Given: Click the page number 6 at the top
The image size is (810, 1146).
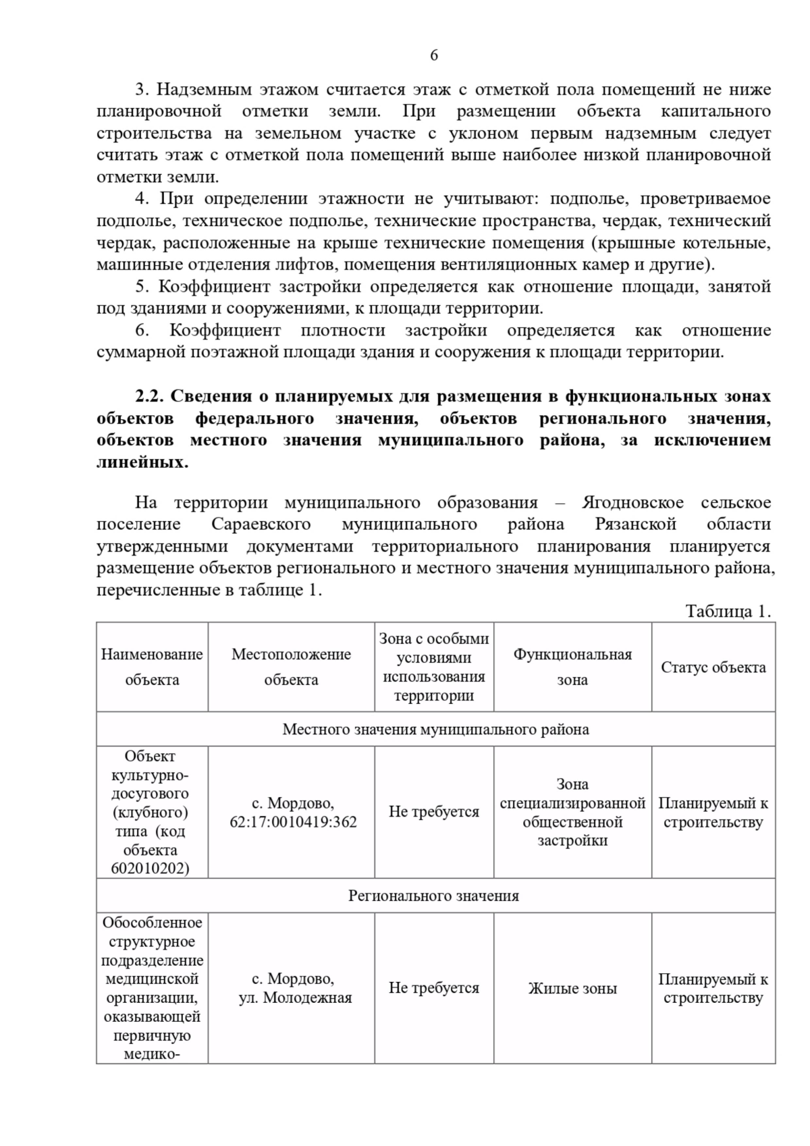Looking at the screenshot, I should pyautogui.click(x=433, y=55).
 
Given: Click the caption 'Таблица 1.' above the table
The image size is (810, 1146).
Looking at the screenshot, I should pyautogui.click(x=728, y=611).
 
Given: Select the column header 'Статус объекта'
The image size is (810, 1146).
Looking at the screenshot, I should pyautogui.click(x=713, y=667).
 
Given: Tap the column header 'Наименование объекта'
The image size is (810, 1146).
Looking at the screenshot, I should pyautogui.click(x=152, y=667).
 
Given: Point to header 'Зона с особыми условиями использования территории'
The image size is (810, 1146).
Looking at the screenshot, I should pyautogui.click(x=434, y=667).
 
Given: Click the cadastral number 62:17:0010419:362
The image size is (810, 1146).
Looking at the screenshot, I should pyautogui.click(x=293, y=822).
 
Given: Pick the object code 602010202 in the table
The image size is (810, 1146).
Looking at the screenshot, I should pyautogui.click(x=151, y=869).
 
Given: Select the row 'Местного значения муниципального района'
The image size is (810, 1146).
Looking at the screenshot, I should pyautogui.click(x=435, y=730).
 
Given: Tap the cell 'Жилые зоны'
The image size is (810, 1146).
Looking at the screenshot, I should pyautogui.click(x=572, y=989).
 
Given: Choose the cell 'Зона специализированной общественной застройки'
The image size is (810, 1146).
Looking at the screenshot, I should pyautogui.click(x=572, y=813).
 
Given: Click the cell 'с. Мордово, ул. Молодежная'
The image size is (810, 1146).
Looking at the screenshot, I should pyautogui.click(x=293, y=988).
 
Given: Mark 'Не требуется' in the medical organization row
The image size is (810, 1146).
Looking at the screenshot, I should pyautogui.click(x=433, y=988).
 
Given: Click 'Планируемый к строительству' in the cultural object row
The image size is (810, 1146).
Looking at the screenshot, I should pyautogui.click(x=713, y=813).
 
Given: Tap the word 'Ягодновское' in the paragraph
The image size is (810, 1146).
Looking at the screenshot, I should pyautogui.click(x=632, y=503).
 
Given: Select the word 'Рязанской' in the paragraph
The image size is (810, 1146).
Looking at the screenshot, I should pyautogui.click(x=635, y=524).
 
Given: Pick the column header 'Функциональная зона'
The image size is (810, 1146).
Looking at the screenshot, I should pyautogui.click(x=572, y=667).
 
